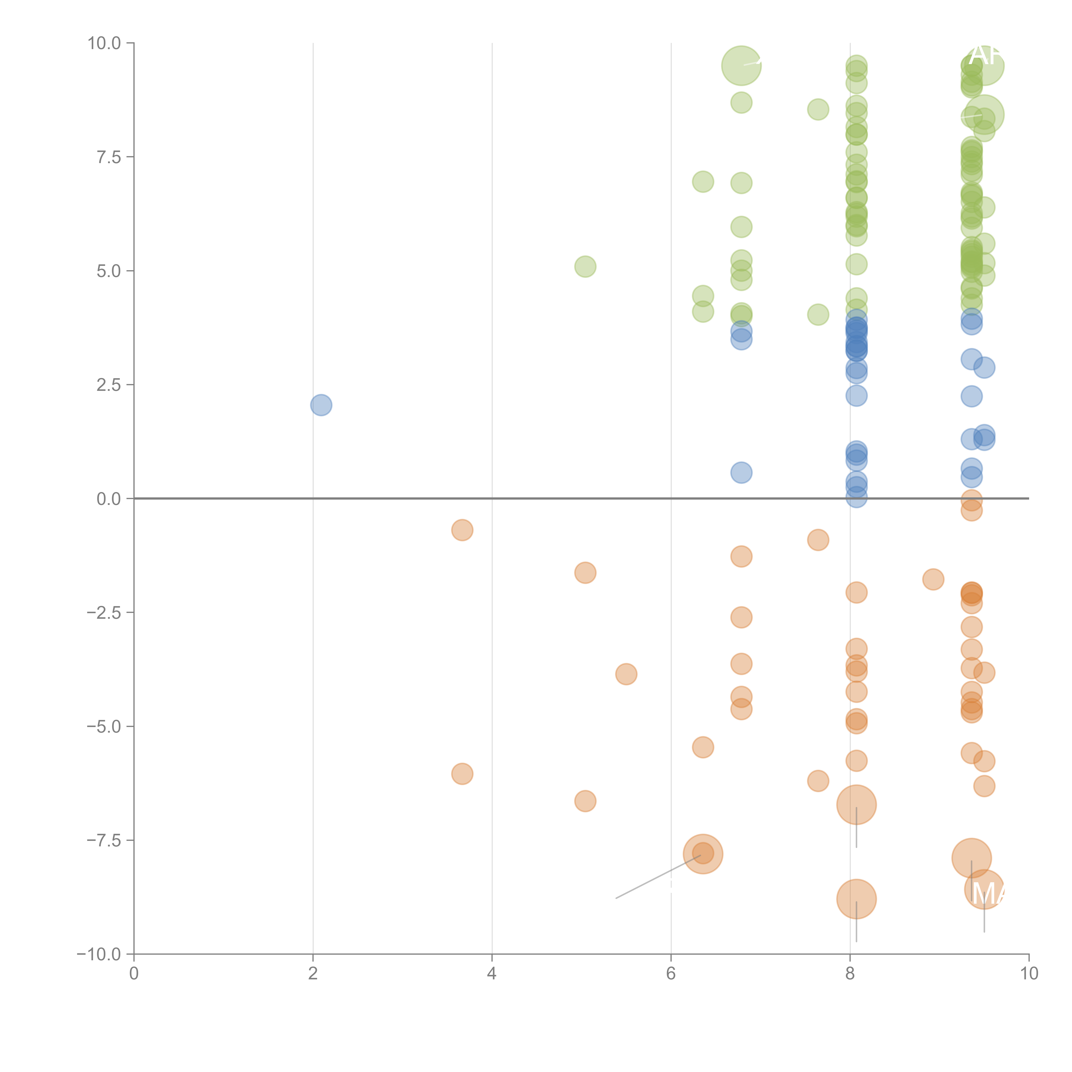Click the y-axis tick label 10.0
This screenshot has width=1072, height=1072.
click(104, 43)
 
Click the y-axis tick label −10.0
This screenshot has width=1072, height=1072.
click(100, 954)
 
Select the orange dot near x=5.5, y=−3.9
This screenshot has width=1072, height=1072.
click(626, 674)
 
